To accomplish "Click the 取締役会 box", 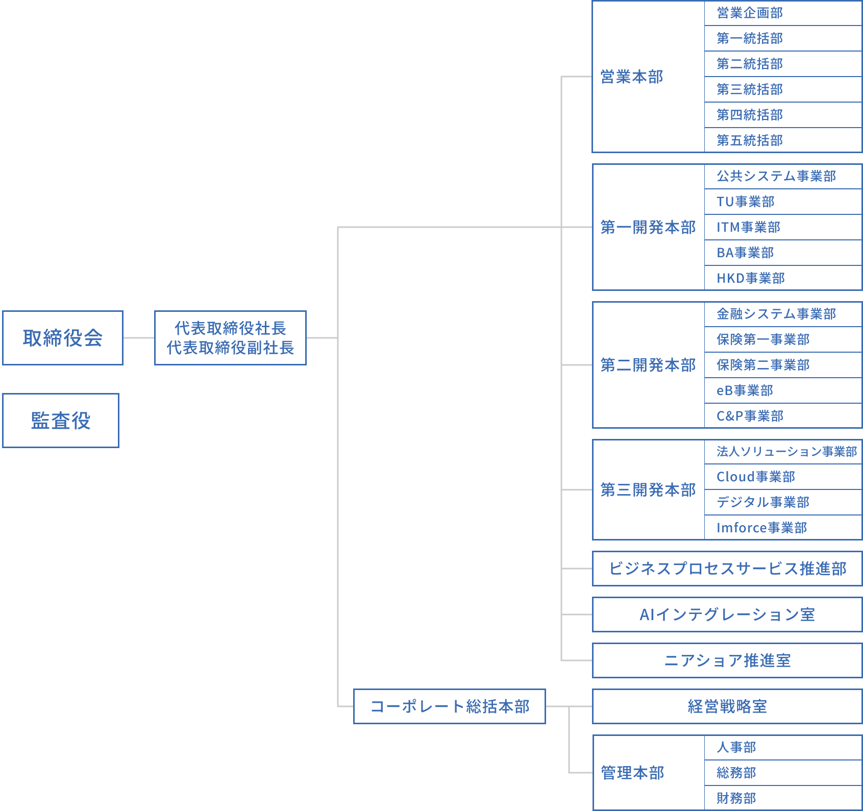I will click(x=63, y=338).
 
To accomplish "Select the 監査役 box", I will click(x=61, y=421).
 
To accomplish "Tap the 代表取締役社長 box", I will click(x=230, y=338).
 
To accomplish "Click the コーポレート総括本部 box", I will click(x=449, y=706).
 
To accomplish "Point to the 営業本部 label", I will click(x=632, y=77).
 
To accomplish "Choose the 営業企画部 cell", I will click(x=782, y=13).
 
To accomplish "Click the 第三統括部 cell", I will click(x=782, y=89).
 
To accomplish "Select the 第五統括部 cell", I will click(x=782, y=140).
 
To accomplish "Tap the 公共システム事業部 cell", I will click(x=782, y=176).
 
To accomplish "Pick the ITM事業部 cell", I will click(x=782, y=227).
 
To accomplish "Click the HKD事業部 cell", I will click(x=782, y=278).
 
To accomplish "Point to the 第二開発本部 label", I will click(x=648, y=365).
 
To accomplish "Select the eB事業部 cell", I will click(x=782, y=390).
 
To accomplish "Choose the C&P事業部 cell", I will click(x=782, y=416).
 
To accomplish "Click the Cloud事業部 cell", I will click(x=782, y=477).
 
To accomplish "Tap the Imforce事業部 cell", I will click(x=782, y=528).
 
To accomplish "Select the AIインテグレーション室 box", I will click(x=727, y=615).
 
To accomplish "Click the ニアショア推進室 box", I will click(x=727, y=660).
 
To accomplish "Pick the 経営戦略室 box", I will click(x=727, y=706).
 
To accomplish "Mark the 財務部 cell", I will click(x=782, y=798).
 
